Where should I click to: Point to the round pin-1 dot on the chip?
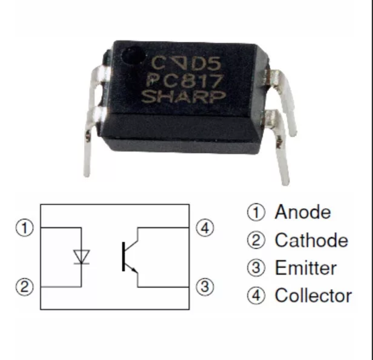tap(130, 57)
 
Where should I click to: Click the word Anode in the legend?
tap(303, 213)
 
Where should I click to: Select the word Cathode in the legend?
tap(311, 241)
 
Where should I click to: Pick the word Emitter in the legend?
tap(305, 268)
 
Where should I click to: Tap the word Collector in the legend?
tap(313, 296)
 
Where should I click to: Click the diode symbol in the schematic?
tap(81, 257)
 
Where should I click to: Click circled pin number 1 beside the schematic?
tap(25, 228)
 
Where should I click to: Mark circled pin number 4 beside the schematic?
tap(206, 228)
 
